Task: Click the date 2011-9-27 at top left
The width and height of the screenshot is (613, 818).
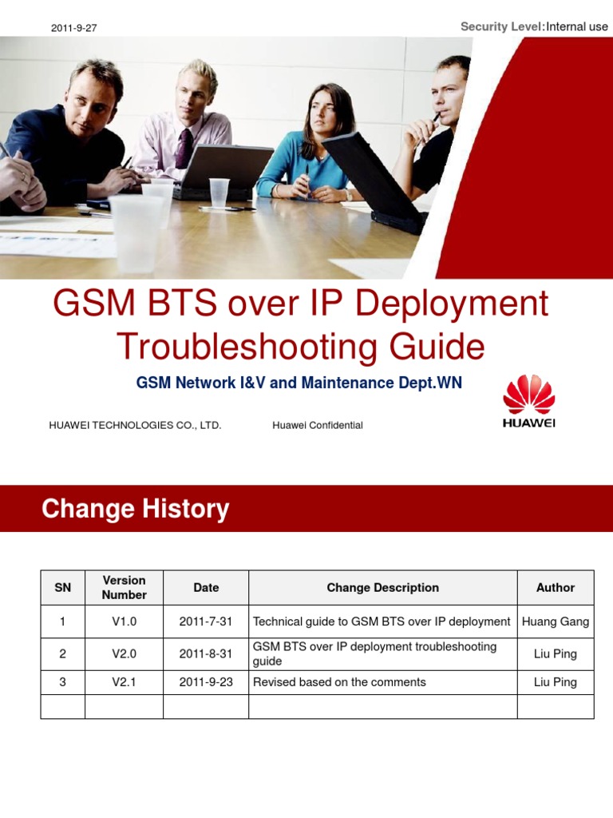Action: pyautogui.click(x=73, y=28)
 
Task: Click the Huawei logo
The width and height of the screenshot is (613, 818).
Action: pyautogui.click(x=528, y=402)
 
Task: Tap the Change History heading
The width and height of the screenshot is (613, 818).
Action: pyautogui.click(x=135, y=509)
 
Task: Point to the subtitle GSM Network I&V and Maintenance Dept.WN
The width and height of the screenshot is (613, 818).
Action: pyautogui.click(x=299, y=383)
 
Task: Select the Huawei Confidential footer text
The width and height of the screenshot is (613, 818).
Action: pyautogui.click(x=317, y=425)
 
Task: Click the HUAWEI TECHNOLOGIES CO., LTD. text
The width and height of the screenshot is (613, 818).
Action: pyautogui.click(x=135, y=425)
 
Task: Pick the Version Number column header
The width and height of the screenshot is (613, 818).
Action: pyautogui.click(x=124, y=587)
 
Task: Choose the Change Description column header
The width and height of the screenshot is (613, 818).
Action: pyautogui.click(x=382, y=587)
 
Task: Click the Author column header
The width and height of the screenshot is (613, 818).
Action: pyautogui.click(x=555, y=587)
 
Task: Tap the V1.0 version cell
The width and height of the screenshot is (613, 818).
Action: pyautogui.click(x=124, y=621)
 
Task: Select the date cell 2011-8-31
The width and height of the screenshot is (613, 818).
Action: pyautogui.click(x=206, y=653)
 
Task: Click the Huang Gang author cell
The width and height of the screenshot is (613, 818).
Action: pyautogui.click(x=555, y=621)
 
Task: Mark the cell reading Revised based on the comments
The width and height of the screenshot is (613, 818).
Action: pyautogui.click(x=339, y=682)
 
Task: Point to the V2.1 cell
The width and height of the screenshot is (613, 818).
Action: pyautogui.click(x=124, y=682)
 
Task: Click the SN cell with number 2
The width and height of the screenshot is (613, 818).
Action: pyautogui.click(x=62, y=653)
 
